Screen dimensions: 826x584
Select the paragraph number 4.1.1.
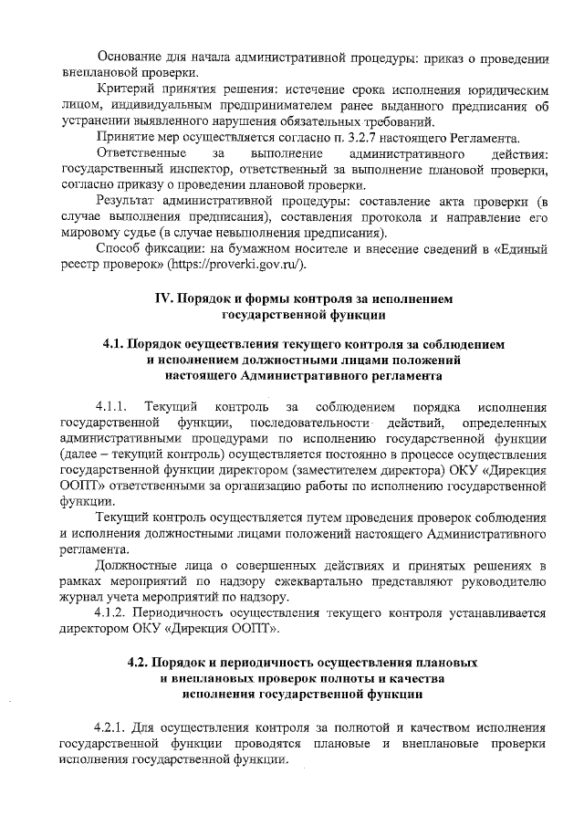click(113, 405)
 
